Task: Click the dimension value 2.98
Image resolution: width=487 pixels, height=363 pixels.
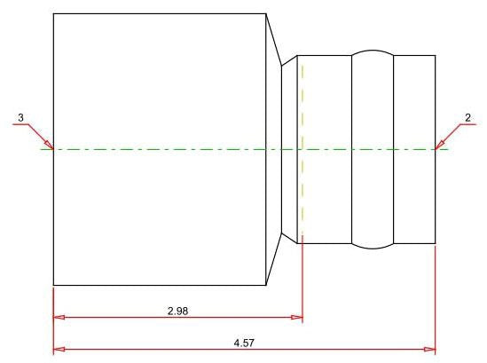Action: tap(178, 311)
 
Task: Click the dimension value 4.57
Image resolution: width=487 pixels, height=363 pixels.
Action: tap(244, 343)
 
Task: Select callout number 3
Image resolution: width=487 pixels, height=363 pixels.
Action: tap(20, 118)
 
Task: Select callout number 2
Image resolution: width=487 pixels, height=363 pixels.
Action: tap(467, 118)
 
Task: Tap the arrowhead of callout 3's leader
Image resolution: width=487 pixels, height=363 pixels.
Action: tap(50, 146)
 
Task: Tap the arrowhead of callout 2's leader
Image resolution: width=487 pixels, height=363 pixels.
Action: tap(439, 146)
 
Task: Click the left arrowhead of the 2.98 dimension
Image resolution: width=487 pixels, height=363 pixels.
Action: tap(59, 318)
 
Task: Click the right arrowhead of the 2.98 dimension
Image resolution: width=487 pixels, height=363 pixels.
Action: tap(296, 318)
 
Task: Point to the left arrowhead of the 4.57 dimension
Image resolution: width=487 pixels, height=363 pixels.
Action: tap(59, 350)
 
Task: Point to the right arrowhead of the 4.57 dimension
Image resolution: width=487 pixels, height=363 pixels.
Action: tap(430, 350)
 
